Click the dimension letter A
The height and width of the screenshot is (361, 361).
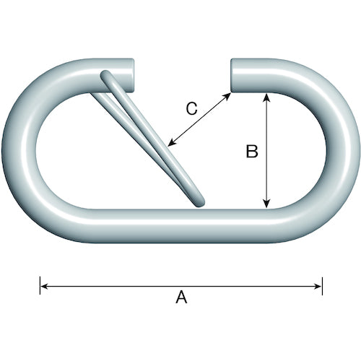point(181,297)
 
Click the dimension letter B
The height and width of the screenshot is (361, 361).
point(252,152)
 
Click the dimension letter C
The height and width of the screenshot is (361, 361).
point(192,108)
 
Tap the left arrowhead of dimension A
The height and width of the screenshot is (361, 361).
point(44,286)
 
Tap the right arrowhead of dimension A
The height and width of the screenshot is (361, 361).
point(318,286)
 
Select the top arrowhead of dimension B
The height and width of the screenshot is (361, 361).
point(266,97)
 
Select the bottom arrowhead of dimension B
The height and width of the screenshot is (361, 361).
point(266,204)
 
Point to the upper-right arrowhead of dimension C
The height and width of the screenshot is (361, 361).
point(227,97)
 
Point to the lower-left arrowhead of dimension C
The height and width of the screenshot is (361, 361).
point(171,143)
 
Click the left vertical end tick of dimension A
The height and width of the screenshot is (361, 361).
point(40,286)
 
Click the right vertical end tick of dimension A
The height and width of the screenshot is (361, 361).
point(322,286)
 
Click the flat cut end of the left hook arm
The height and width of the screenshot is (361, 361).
point(132,75)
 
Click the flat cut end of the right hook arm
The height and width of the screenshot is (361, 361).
point(232,75)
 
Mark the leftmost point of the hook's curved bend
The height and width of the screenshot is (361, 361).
point(2,151)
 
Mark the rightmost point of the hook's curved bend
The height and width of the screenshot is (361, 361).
point(359,151)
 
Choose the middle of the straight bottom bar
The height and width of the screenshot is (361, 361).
point(180,226)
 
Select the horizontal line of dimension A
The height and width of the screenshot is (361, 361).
point(181,286)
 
